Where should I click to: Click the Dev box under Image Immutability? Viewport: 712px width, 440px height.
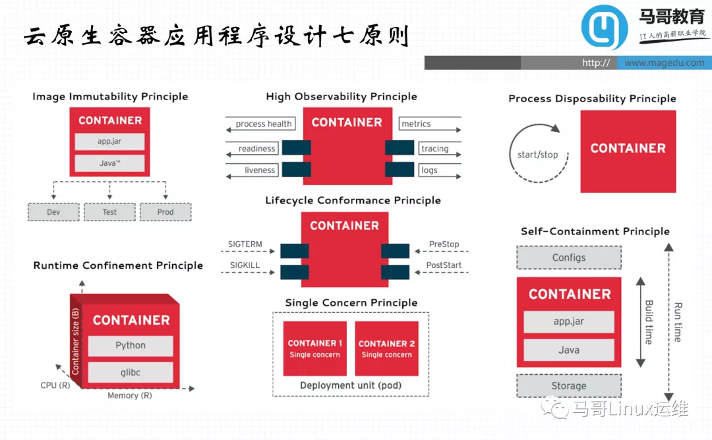point(53,212)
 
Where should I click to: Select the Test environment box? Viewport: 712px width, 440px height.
point(109,212)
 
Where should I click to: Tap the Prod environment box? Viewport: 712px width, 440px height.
point(165,212)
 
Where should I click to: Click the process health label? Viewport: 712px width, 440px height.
point(263,124)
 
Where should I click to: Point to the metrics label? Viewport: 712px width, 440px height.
point(416,124)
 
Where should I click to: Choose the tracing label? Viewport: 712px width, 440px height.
point(434,149)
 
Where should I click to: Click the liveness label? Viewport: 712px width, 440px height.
point(260,170)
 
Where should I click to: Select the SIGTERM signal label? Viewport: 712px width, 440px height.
point(245,244)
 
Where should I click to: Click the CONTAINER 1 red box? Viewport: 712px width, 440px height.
point(315,348)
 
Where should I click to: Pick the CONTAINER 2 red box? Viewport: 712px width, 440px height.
point(387,348)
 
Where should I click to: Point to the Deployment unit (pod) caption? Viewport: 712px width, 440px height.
point(351,385)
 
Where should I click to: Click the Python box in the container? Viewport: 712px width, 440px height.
point(131,346)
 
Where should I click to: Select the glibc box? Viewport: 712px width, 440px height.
point(131,372)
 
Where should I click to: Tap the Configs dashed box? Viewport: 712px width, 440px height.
point(569,258)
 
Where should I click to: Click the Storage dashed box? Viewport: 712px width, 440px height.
point(569,386)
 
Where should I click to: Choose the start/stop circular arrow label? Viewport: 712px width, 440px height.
point(538,155)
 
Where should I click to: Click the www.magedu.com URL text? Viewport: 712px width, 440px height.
point(664,63)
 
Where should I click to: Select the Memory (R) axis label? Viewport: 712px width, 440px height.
point(129,396)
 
